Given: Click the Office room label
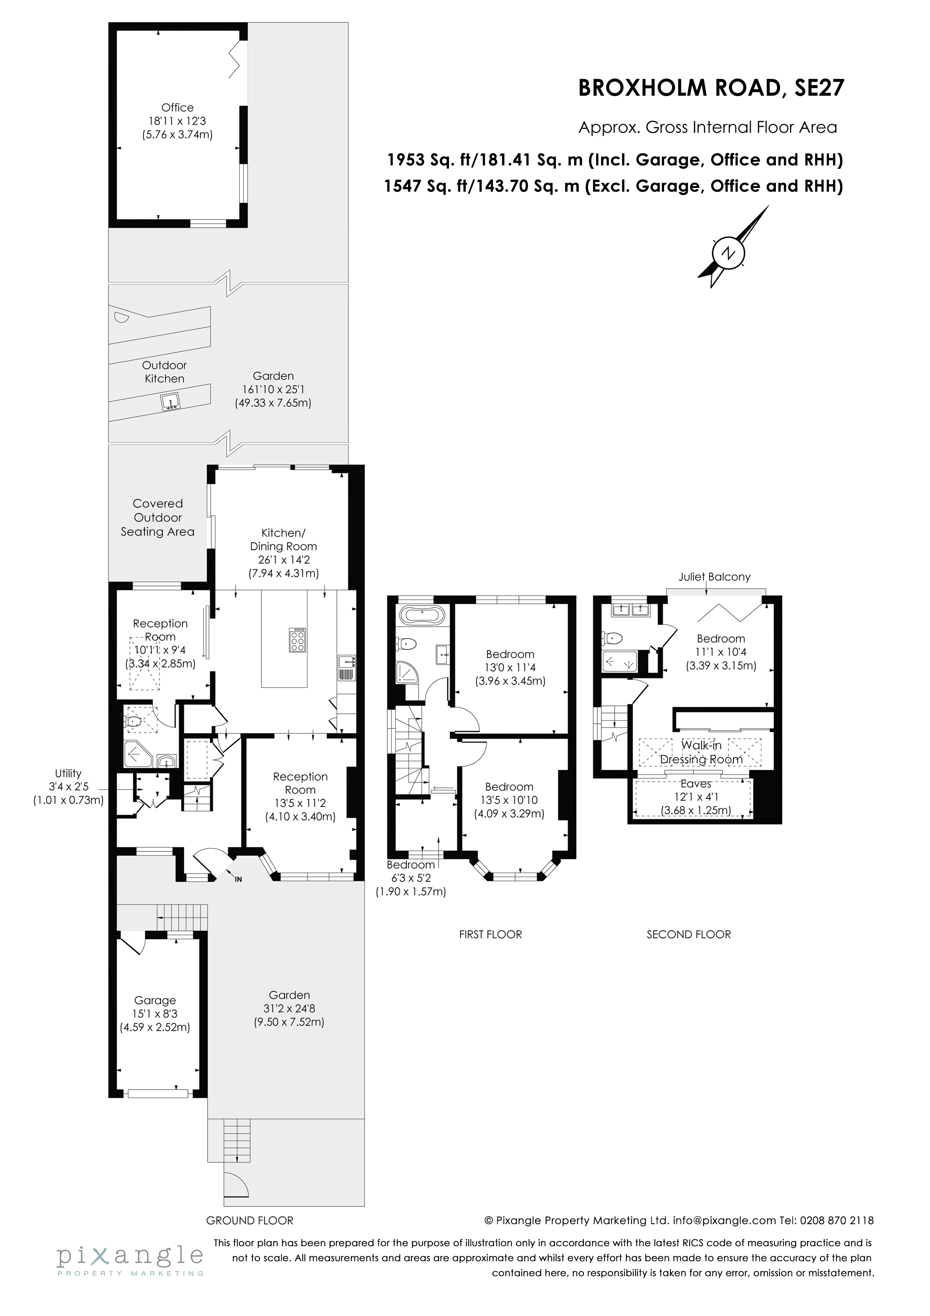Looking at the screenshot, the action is [x=178, y=107].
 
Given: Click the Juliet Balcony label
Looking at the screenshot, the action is [x=714, y=577].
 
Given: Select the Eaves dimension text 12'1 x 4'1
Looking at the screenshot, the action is [x=696, y=797].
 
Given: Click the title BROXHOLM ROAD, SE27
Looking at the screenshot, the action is [x=711, y=88].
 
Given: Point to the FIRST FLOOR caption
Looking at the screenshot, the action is [x=490, y=934].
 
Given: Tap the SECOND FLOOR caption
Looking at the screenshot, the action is [x=689, y=934].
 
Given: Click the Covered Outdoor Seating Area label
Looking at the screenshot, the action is [x=157, y=518].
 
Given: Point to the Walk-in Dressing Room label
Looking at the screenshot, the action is [x=701, y=753].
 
